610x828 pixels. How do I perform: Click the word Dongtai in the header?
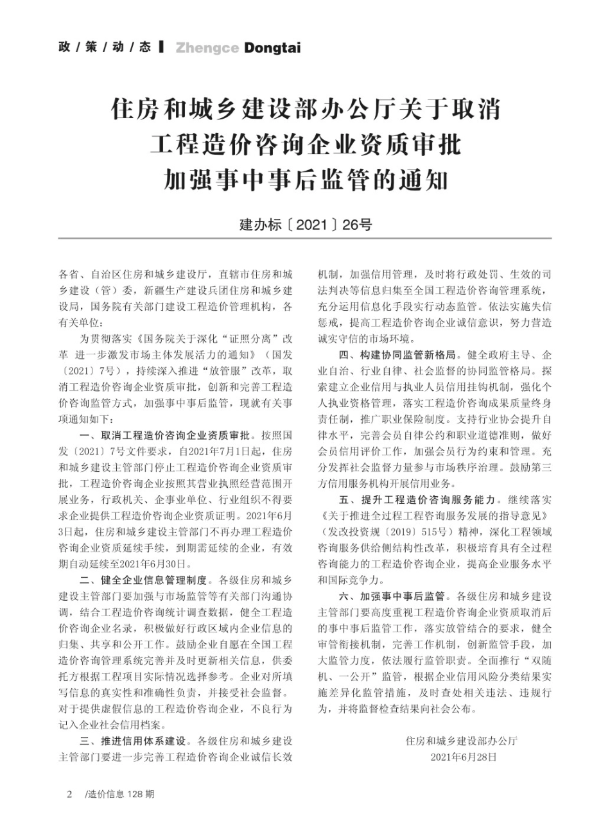click(273, 48)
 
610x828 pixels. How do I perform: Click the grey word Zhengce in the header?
click(207, 48)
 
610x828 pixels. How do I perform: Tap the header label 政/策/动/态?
click(105, 47)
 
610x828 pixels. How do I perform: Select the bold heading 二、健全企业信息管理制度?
click(147, 580)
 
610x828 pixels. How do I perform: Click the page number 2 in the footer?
click(69, 795)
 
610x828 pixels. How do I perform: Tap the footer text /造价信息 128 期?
click(119, 795)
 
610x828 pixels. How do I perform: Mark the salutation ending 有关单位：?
click(82, 320)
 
